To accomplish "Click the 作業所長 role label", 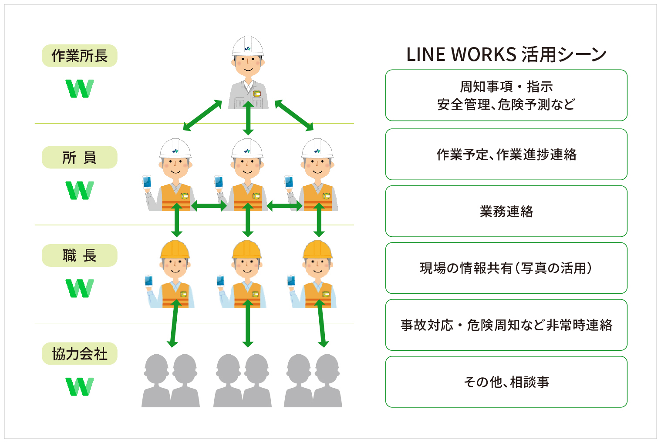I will (x=79, y=56).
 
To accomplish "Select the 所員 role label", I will (x=79, y=158).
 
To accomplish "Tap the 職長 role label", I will (x=79, y=255).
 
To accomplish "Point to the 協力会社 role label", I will (x=79, y=354).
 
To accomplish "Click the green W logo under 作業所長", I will (x=80, y=89).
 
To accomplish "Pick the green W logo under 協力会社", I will (x=80, y=386).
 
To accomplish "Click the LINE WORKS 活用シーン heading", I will (x=506, y=55).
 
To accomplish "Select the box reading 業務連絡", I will (x=506, y=211).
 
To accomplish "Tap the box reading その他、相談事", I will (x=506, y=382).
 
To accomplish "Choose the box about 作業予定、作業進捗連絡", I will (x=506, y=154).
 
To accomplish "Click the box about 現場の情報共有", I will (x=506, y=268).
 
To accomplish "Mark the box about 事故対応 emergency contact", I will (x=506, y=325).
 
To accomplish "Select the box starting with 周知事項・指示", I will (x=506, y=95).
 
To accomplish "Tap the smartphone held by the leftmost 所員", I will (x=147, y=181).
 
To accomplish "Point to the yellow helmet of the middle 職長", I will (x=247, y=249).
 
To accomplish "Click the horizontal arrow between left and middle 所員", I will (x=209, y=205).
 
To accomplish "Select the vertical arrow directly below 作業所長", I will (x=248, y=118).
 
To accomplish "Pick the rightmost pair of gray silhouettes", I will (x=313, y=381).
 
